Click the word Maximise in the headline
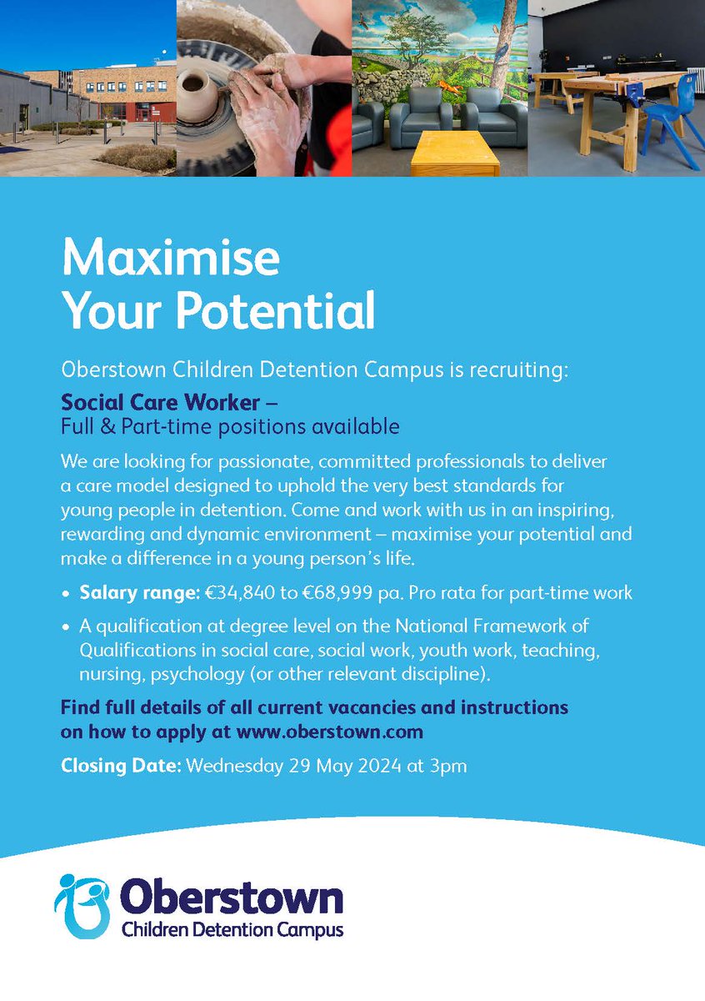tap(170, 259)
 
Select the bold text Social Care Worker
tap(161, 402)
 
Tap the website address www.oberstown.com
tap(330, 732)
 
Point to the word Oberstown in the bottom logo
tap(231, 899)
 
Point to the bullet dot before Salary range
tap(66, 595)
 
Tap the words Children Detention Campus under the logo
tap(232, 930)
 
